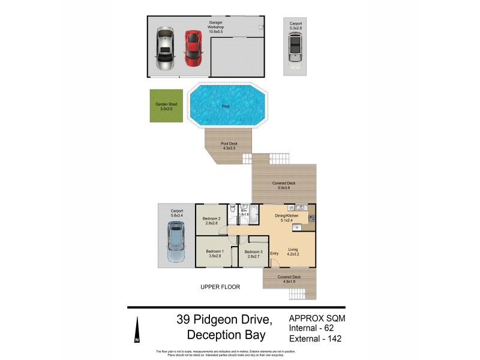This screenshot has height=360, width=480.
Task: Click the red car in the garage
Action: (x=192, y=48)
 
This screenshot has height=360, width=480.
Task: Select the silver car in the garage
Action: (x=164, y=49)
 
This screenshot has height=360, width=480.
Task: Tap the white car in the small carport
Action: (x=294, y=47)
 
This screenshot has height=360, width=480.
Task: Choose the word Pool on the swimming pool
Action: (x=226, y=106)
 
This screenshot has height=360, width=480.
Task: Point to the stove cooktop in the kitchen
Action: (x=313, y=211)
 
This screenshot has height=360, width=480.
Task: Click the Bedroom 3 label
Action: (x=253, y=251)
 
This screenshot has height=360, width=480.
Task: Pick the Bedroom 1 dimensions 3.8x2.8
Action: (x=215, y=256)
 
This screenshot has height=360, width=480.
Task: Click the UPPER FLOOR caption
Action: (x=220, y=287)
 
